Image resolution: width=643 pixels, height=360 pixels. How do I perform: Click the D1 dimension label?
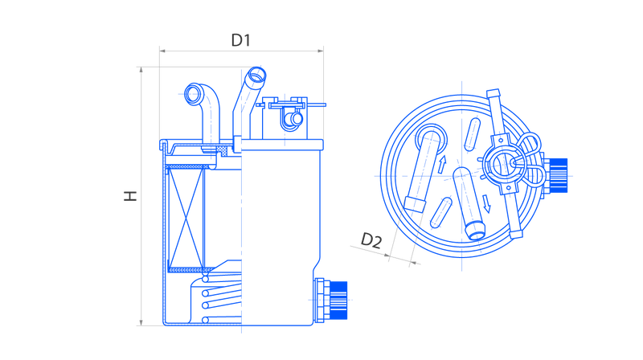click(x=240, y=40)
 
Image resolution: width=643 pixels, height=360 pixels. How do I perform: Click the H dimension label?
click(x=130, y=196)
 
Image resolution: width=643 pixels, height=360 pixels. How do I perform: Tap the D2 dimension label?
click(x=371, y=240)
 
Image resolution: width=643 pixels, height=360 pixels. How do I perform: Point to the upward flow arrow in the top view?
click(x=441, y=164)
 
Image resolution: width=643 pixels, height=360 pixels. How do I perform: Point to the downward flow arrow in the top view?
click(x=486, y=203)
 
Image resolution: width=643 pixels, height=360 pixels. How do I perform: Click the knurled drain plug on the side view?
click(x=338, y=301)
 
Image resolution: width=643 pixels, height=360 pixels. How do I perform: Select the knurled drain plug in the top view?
click(x=558, y=175)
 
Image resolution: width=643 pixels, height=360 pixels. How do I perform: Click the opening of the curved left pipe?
click(x=193, y=94)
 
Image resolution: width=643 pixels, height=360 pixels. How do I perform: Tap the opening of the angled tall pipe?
click(x=256, y=76)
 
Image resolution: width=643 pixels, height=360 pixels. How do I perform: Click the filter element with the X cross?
click(x=186, y=219)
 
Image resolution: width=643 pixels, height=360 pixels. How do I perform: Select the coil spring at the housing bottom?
click(x=222, y=299)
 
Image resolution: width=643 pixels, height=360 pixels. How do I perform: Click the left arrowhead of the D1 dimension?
click(x=162, y=51)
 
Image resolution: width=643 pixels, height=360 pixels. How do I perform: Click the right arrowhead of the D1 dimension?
click(x=320, y=51)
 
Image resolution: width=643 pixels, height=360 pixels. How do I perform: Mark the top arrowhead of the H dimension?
click(x=141, y=70)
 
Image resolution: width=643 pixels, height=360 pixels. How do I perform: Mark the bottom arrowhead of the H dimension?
click(x=141, y=323)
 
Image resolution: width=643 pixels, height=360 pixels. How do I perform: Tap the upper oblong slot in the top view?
click(x=472, y=134)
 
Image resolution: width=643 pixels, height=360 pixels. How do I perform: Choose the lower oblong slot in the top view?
click(x=440, y=212)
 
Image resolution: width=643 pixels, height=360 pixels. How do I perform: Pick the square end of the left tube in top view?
click(x=415, y=204)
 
